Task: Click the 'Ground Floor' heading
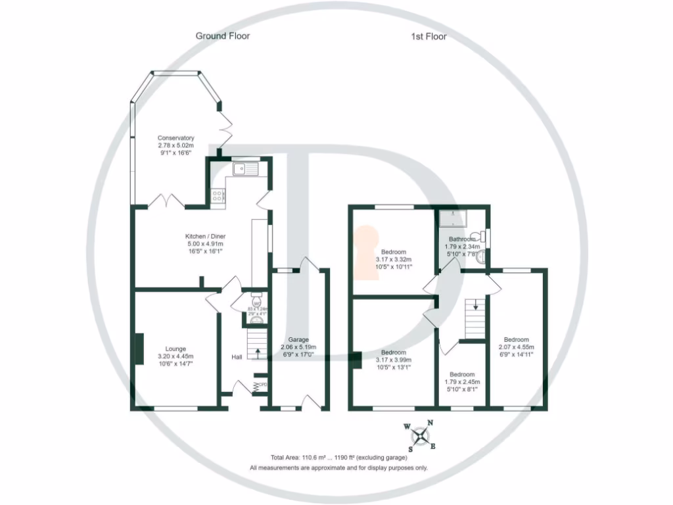coord(223,36)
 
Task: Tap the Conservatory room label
coord(175,138)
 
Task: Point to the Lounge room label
coord(175,349)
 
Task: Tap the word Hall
coord(237,357)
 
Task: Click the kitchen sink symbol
coord(247,169)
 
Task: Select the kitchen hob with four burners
coord(218,195)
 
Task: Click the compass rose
coord(421,435)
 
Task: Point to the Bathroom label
coord(462,239)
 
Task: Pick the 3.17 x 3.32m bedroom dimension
coord(394,260)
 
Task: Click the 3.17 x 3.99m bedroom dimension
coord(394,360)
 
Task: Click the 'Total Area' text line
coord(338,457)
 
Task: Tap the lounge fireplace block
coord(139,349)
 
